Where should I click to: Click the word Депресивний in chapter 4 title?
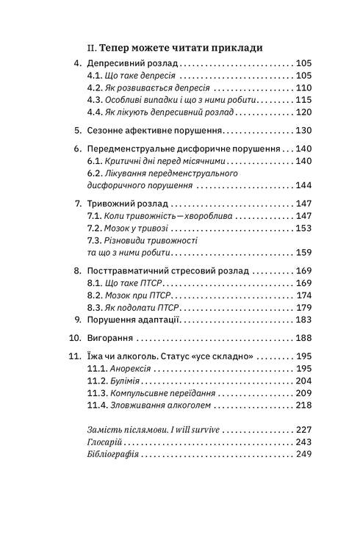(119, 64)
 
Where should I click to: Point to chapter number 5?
(79, 130)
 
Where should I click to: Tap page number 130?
(304, 130)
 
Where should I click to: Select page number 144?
(304, 184)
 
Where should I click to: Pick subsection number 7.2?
(96, 228)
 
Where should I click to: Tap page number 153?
(304, 228)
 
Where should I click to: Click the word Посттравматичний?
(134, 271)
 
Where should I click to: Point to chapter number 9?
(79, 320)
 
